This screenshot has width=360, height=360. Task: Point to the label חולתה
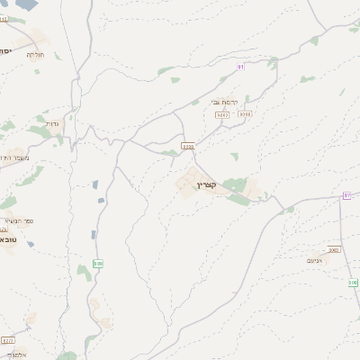34,56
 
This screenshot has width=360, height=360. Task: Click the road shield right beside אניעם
335,249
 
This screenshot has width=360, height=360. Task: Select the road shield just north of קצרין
188,144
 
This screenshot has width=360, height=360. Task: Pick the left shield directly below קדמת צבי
224,115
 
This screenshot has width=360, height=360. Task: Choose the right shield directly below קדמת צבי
246,115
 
